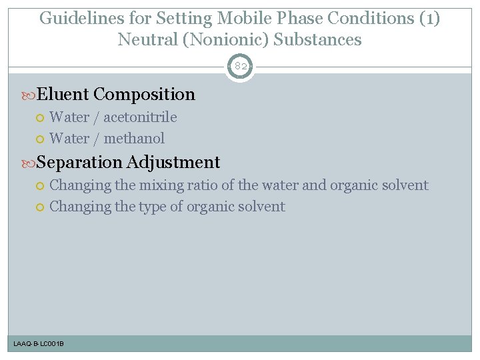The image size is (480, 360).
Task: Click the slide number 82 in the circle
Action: click(x=239, y=67)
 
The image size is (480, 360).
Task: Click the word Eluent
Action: click(x=63, y=95)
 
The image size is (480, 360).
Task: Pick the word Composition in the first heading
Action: click(x=145, y=95)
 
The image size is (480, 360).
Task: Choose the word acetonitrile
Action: click(x=140, y=117)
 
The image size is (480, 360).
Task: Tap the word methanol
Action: click(x=134, y=139)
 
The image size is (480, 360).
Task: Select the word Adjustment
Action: click(x=173, y=162)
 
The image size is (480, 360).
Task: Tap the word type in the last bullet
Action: click(x=153, y=207)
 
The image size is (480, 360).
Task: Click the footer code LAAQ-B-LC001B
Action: click(x=39, y=344)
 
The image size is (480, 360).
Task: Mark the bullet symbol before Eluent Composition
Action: click(x=29, y=95)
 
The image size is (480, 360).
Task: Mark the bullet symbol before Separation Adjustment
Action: click(x=29, y=163)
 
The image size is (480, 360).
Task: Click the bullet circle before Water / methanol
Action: click(x=40, y=139)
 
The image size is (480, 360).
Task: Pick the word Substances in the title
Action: click(x=317, y=39)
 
